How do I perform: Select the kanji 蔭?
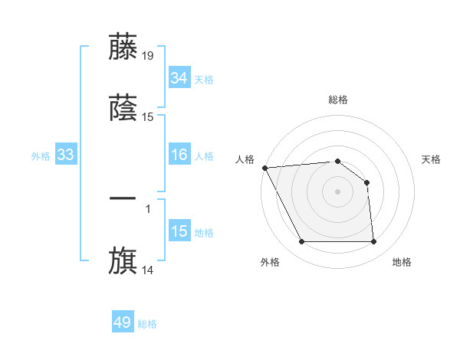(x=123, y=107)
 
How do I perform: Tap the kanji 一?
(x=123, y=198)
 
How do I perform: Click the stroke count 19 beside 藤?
(x=148, y=55)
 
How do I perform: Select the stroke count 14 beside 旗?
(x=148, y=270)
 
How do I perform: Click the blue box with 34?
(x=179, y=78)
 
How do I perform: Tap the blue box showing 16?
(x=179, y=155)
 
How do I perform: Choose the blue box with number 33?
(x=66, y=155)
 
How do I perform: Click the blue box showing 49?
(x=123, y=322)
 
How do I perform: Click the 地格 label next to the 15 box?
(x=204, y=233)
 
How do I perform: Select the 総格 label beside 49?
(x=147, y=324)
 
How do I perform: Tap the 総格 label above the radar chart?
(x=338, y=100)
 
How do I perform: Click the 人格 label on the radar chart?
(x=245, y=159)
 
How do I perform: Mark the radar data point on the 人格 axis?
(x=264, y=168)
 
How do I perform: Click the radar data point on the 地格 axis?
(x=373, y=242)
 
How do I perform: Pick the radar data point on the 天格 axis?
(x=366, y=182)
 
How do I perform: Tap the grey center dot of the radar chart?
(x=338, y=191)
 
